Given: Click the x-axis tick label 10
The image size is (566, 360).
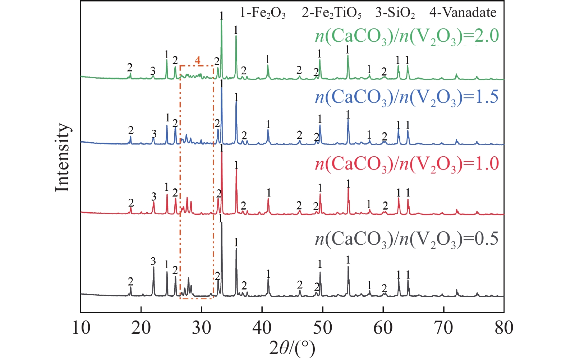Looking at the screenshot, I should click(x=81, y=328).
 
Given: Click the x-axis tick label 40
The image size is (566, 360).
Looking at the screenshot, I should click(x=262, y=328).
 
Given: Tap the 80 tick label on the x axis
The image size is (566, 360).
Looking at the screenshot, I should click(x=503, y=328).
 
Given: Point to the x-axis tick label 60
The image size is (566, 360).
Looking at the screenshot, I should click(x=383, y=328).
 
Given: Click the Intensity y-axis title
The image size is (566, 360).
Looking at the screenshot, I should click(x=62, y=158).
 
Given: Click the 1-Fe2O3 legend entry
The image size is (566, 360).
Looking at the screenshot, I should click(x=263, y=13).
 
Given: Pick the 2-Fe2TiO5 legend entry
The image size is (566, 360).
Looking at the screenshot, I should click(x=331, y=13).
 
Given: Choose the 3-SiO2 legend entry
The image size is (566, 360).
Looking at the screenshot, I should click(x=395, y=13).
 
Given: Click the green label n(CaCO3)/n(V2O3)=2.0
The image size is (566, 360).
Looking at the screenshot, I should click(x=407, y=36).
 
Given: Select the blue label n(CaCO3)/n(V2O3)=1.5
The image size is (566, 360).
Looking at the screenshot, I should click(x=407, y=97).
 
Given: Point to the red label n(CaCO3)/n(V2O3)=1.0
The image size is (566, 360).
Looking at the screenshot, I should click(x=407, y=164).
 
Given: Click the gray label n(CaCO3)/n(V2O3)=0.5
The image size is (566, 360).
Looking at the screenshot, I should click(x=407, y=239).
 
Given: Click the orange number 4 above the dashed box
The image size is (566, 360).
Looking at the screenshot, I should click(x=198, y=60).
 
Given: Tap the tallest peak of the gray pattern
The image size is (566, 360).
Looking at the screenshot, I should click(x=221, y=223).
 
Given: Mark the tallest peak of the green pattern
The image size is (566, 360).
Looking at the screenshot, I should click(x=221, y=21).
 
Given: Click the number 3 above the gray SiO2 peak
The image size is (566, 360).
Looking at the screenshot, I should click(x=153, y=261).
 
